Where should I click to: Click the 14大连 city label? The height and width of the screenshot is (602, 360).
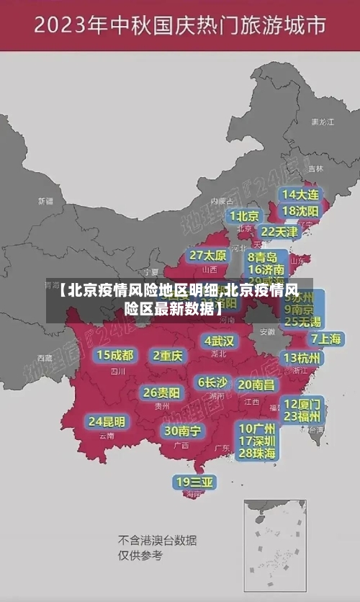click(x=301, y=194)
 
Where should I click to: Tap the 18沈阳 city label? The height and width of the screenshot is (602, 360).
click(x=301, y=211)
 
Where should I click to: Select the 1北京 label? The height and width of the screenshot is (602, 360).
click(x=245, y=216)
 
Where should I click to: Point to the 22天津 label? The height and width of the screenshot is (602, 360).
click(x=279, y=232)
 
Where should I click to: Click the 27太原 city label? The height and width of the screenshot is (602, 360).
click(x=208, y=255)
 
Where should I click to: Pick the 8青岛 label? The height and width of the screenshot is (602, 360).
click(x=263, y=256)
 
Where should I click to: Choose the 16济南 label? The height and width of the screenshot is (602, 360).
click(x=266, y=270)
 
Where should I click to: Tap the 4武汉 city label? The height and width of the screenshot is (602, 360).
click(x=219, y=341)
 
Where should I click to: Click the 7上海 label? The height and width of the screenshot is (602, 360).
click(x=326, y=338)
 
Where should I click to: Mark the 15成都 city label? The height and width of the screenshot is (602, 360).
click(x=115, y=355)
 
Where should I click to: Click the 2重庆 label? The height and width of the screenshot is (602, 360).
click(x=168, y=355)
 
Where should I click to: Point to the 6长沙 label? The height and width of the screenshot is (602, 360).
click(x=212, y=382)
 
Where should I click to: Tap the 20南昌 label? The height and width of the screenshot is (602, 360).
click(x=256, y=385)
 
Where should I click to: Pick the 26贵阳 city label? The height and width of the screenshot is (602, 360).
click(x=161, y=392)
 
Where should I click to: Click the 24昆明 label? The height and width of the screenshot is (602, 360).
click(x=107, y=421)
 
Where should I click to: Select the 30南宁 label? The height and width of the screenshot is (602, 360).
click(x=182, y=431)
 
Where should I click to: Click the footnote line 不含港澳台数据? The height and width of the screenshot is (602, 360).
click(x=157, y=540)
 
